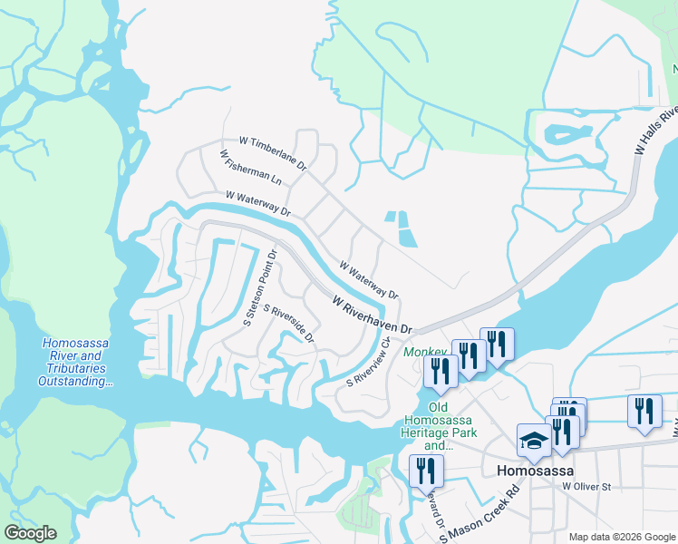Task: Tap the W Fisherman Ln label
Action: pyautogui.click(x=251, y=168)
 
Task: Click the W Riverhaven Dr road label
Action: pyautogui.click(x=372, y=314)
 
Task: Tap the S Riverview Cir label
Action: pyautogui.click(x=368, y=363)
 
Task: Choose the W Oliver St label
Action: pyautogui.click(x=586, y=487)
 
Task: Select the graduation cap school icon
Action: pyautogui.click(x=533, y=441)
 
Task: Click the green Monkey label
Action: pyautogui.click(x=425, y=352)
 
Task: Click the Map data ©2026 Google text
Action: pyautogui.click(x=620, y=537)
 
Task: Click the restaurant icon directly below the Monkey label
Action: pyautogui.click(x=441, y=371)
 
